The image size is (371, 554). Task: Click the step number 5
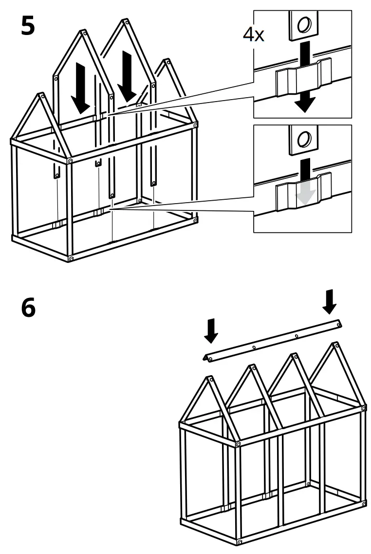click(x=28, y=26)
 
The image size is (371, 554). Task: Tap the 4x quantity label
click(x=253, y=34)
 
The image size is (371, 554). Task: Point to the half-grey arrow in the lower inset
click(x=305, y=182)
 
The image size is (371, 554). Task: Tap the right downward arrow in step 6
click(x=330, y=301)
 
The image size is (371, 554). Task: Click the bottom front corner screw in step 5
click(x=72, y=259)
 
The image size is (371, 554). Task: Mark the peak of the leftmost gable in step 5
click(x=38, y=96)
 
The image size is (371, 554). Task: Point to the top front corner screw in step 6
click(x=238, y=443)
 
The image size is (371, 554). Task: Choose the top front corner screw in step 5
click(x=71, y=160)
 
